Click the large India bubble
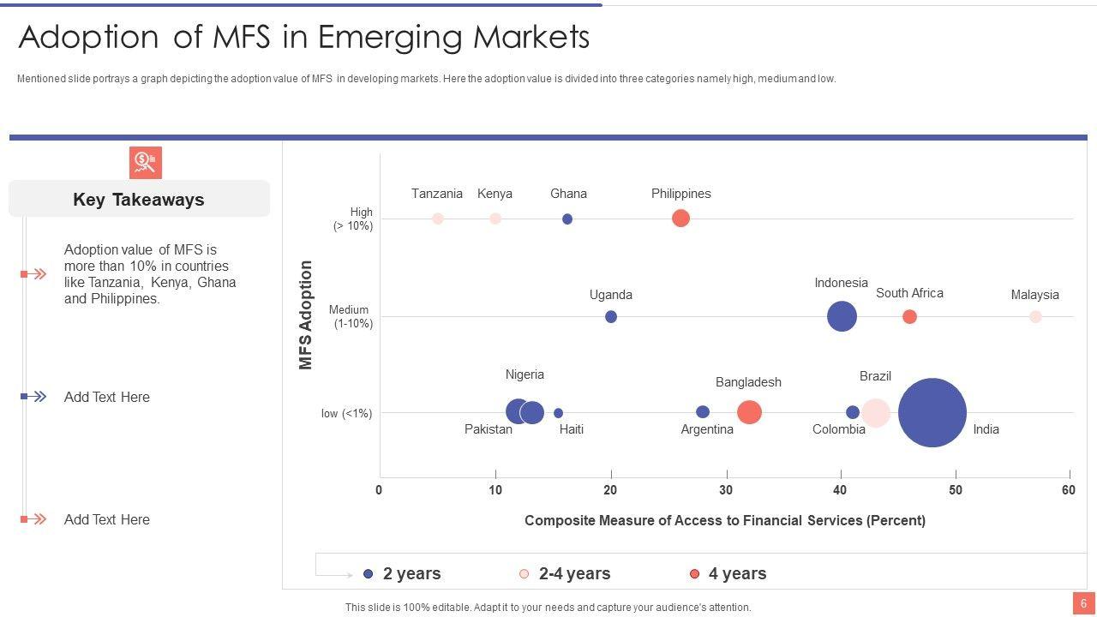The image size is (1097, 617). tap(932, 413)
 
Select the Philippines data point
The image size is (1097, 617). tap(680, 219)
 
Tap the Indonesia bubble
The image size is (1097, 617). tap(842, 316)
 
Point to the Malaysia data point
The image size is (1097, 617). tap(1035, 317)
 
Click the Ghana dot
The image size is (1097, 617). tap(567, 219)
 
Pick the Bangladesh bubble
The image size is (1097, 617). tap(749, 412)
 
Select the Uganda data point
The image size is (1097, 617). tap(611, 317)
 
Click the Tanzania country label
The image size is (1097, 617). tap(437, 194)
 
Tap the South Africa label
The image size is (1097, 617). tap(909, 293)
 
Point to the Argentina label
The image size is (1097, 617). tap(707, 429)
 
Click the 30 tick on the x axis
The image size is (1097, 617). tap(726, 490)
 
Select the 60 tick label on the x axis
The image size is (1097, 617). tap(1068, 490)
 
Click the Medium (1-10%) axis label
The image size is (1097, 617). tap(350, 316)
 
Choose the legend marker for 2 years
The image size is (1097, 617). tap(369, 574)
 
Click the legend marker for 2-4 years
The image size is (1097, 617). tap(525, 574)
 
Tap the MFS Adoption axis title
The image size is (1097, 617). tap(306, 315)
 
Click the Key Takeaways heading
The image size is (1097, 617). tap(139, 200)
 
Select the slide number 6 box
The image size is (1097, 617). tap(1083, 603)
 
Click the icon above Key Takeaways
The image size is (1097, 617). tap(146, 163)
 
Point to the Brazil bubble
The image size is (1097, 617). tap(875, 413)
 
